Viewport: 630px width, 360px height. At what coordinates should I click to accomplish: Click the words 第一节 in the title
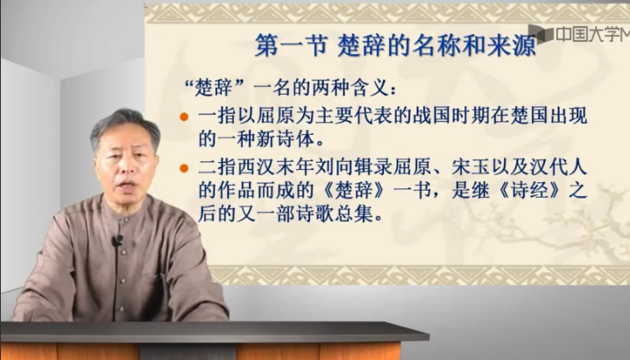pyautogui.click(x=291, y=45)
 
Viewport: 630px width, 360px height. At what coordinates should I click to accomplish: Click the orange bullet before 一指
pyautogui.click(x=184, y=116)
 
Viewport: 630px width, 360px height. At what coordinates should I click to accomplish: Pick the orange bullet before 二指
pyautogui.click(x=184, y=168)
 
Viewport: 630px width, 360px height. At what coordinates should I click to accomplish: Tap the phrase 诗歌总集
pyautogui.click(x=335, y=214)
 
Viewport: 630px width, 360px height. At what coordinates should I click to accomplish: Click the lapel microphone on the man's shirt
pyautogui.click(x=117, y=240)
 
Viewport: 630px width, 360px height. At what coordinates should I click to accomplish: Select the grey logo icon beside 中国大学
pyautogui.click(x=542, y=33)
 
